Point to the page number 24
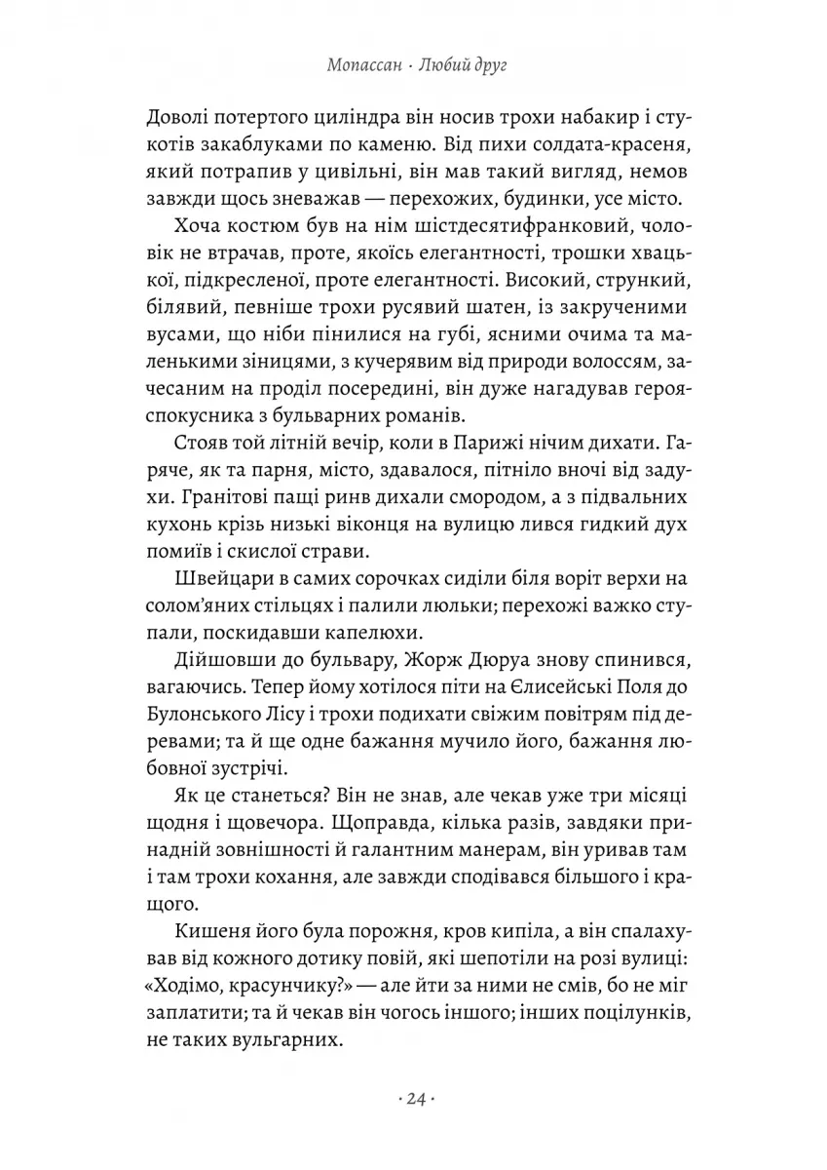coord(413,1100)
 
